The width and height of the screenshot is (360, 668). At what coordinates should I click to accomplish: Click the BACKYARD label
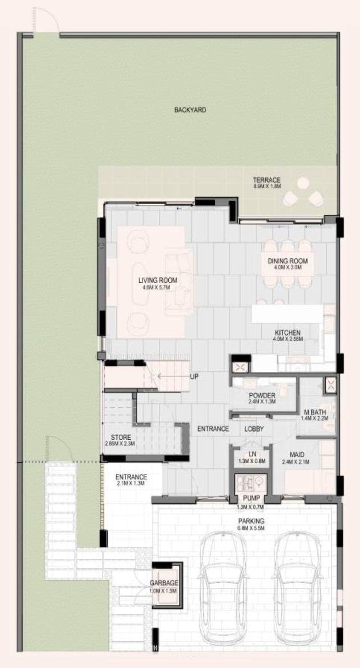190,110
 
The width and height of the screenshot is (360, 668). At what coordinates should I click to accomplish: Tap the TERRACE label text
266,180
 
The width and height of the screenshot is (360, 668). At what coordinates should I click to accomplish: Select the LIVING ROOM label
158,280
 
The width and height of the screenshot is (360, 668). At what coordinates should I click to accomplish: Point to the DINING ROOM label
287,261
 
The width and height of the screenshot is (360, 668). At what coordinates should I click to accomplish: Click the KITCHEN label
287,332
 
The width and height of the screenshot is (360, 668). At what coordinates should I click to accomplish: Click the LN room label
252,455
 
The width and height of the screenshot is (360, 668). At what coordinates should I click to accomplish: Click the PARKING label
251,521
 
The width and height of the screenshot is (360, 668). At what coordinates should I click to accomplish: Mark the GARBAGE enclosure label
164,583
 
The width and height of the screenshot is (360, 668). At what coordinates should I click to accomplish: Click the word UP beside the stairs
194,376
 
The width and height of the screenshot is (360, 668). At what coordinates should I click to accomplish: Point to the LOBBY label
254,428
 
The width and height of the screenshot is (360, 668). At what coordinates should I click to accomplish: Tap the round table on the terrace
303,183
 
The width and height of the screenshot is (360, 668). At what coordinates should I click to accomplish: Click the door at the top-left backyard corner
45,21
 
